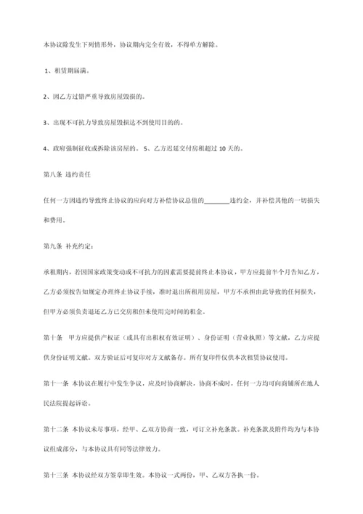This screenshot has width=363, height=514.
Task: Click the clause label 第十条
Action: pos(53,337)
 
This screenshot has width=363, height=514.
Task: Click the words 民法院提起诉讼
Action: pos(74,400)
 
